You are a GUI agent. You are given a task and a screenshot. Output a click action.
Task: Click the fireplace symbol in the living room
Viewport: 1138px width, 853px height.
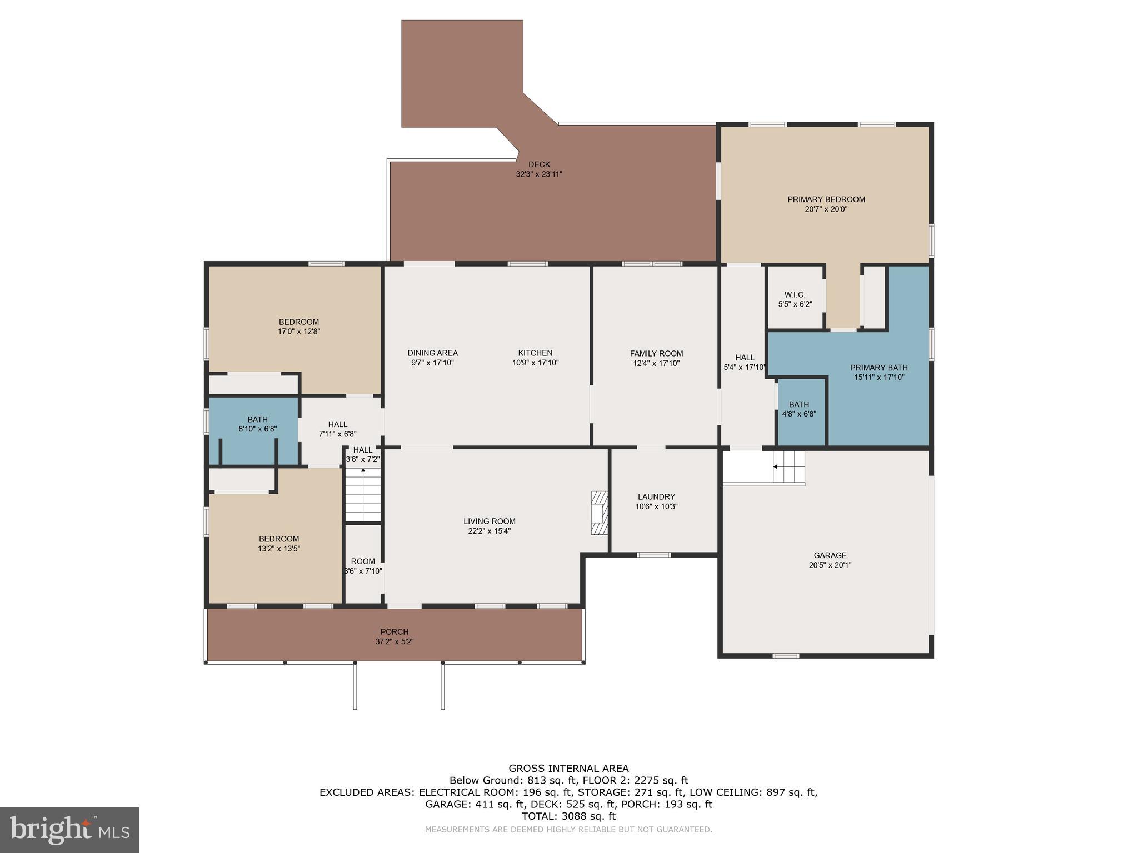coord(600,513)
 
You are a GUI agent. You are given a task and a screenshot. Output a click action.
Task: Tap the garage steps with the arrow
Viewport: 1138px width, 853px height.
coord(789,467)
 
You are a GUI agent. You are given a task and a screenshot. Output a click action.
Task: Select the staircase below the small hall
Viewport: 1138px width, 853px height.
coord(363,494)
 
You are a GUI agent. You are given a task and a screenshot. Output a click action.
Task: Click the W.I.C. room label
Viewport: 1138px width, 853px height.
coord(795,295)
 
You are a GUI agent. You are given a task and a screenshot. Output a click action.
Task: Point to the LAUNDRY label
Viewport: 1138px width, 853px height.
coord(656,496)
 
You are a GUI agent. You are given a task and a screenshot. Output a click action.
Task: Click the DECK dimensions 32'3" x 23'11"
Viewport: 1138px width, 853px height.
coord(539,174)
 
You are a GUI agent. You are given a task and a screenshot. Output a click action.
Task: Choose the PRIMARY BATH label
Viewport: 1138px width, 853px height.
coord(879,368)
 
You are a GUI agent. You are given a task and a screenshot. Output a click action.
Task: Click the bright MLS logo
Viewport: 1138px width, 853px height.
coord(69,830)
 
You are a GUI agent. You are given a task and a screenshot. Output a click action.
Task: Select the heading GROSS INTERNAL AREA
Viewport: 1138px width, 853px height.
coord(568,769)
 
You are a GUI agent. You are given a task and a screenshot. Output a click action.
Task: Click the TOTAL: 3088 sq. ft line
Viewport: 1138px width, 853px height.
coord(568,816)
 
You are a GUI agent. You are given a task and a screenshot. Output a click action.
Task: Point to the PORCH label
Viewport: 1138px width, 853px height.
coord(395,632)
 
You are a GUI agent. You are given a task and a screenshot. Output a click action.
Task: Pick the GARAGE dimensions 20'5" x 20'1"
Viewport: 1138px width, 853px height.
coord(830,565)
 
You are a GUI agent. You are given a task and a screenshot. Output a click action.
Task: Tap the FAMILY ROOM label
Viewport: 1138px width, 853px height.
coord(656,353)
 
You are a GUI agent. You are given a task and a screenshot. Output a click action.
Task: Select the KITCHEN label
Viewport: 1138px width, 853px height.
coord(535,353)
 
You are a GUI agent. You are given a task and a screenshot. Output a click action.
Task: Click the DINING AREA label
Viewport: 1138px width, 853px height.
coord(432,353)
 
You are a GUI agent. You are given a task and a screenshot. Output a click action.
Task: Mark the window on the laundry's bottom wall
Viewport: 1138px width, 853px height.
coord(653,555)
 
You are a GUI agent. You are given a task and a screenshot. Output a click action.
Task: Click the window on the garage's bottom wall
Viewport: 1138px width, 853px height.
coord(786,656)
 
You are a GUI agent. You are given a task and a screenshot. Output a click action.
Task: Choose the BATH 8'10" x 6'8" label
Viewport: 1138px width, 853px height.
coord(257,419)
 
